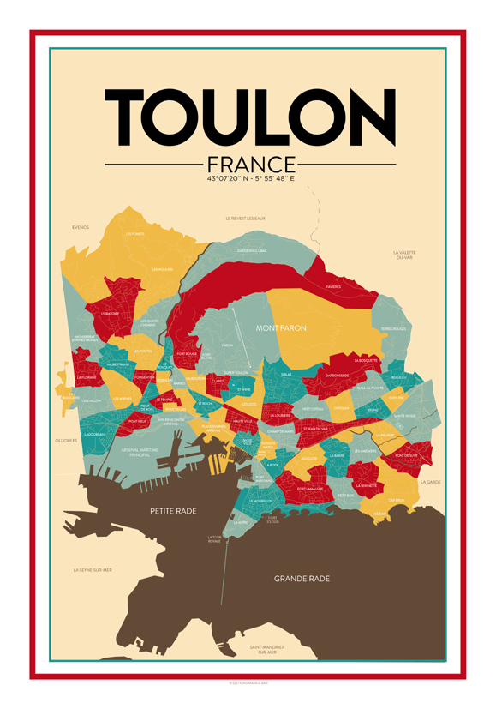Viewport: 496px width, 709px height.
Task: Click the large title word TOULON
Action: (x=249, y=119)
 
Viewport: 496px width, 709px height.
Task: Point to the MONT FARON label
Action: (x=281, y=327)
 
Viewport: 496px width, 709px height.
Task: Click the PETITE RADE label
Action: (x=173, y=511)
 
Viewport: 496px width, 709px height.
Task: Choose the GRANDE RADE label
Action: (x=302, y=579)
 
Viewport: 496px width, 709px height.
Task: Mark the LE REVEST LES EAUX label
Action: (x=245, y=219)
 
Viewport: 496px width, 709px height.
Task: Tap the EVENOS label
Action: (x=81, y=228)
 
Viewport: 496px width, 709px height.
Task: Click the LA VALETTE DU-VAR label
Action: (x=403, y=255)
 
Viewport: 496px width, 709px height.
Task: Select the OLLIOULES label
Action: (x=67, y=440)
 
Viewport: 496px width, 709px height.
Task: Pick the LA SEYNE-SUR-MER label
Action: (x=93, y=569)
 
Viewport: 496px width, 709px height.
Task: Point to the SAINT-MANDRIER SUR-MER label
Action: (x=269, y=649)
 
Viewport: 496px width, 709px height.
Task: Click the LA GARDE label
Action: (x=430, y=482)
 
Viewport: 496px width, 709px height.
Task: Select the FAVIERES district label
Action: (x=333, y=287)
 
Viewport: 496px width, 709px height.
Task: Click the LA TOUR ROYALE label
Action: (x=214, y=539)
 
